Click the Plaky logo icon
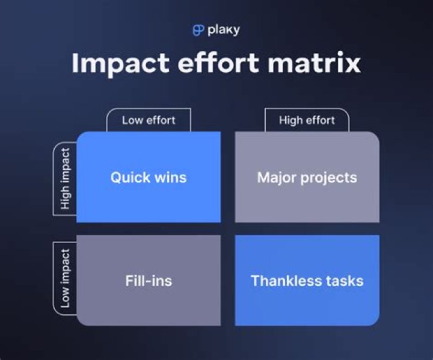tap(198, 30)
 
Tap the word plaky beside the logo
tap(224, 30)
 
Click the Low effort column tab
tap(149, 120)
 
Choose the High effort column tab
tap(307, 120)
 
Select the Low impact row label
tap(65, 279)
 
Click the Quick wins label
tap(149, 178)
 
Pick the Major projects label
tap(307, 178)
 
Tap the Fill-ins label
tap(149, 281)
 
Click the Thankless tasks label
tap(307, 281)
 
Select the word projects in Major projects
tap(330, 178)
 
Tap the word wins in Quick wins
tap(170, 178)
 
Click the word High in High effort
tap(291, 120)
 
